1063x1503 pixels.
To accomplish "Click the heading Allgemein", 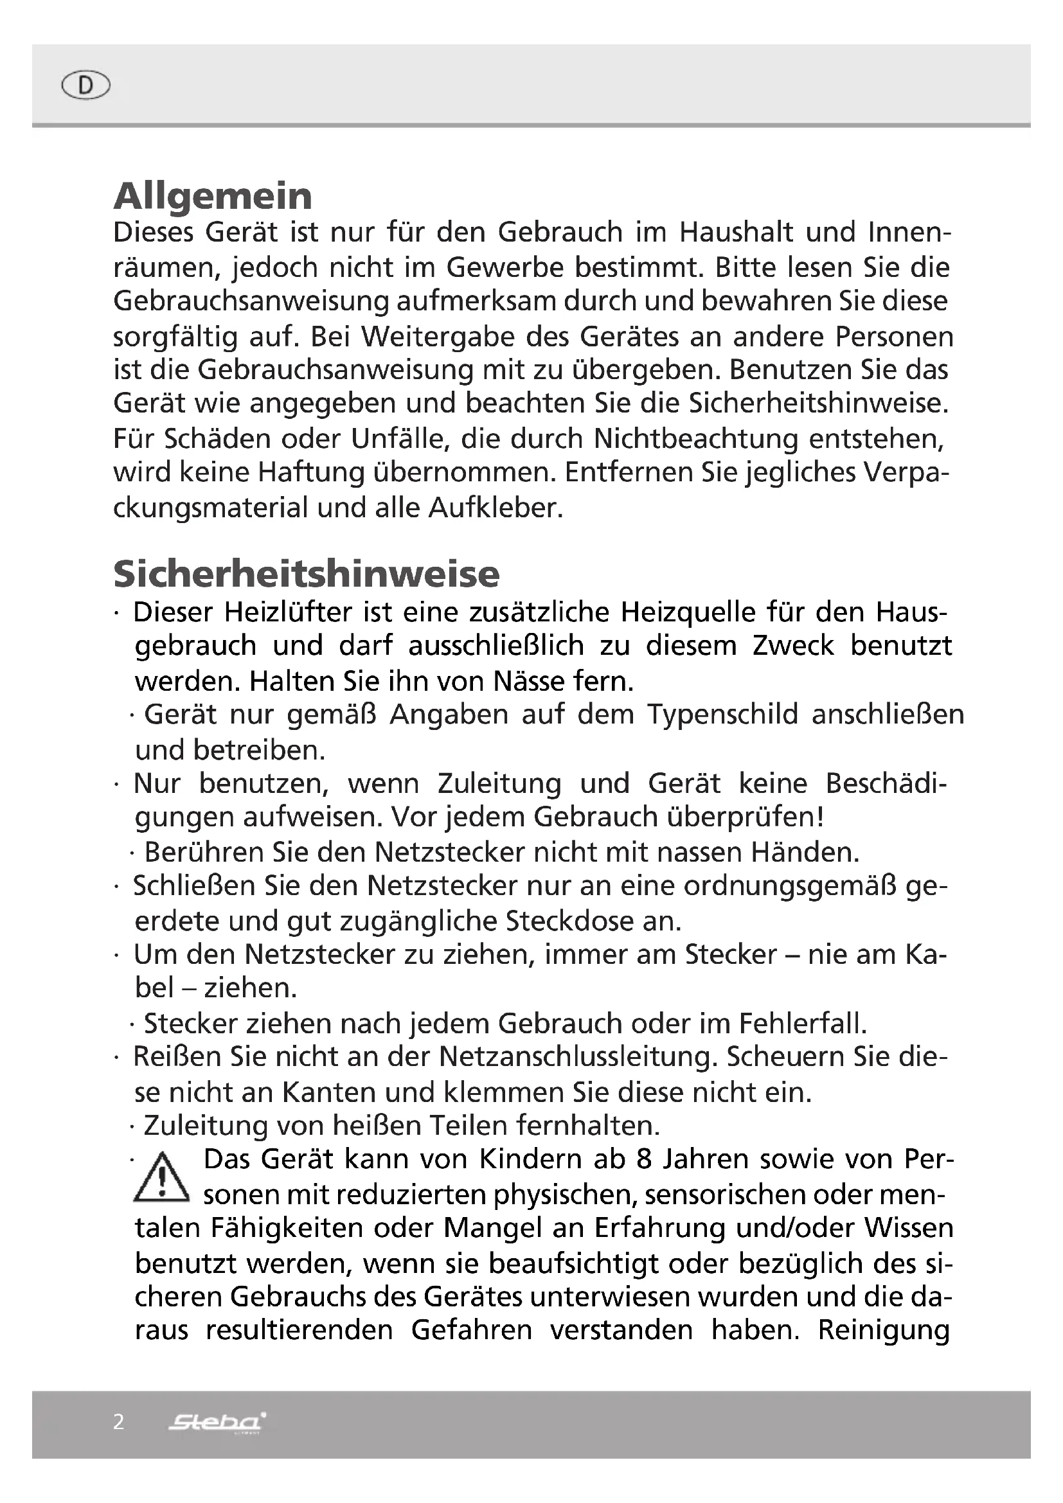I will (x=213, y=196).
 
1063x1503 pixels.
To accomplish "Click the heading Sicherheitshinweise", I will (x=307, y=574).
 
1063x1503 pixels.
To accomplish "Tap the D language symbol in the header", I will (x=85, y=85).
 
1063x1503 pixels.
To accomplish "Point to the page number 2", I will (x=118, y=1421).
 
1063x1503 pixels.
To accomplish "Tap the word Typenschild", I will (x=722, y=714).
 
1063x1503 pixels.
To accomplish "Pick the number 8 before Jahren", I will (x=644, y=1159).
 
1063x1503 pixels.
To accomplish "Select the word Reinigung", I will (x=884, y=1330).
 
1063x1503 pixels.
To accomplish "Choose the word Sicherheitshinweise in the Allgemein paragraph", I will (x=817, y=404).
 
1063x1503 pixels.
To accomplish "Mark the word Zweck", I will (x=792, y=646).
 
